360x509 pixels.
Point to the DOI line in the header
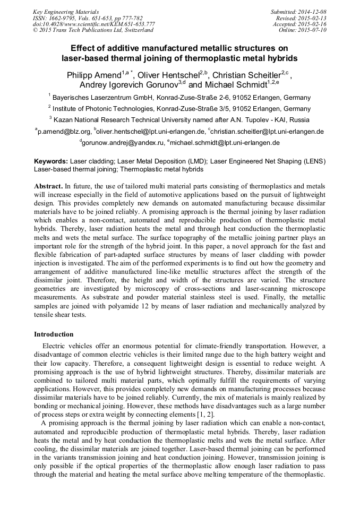tap(94, 24)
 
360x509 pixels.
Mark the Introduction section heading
tap(54, 334)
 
